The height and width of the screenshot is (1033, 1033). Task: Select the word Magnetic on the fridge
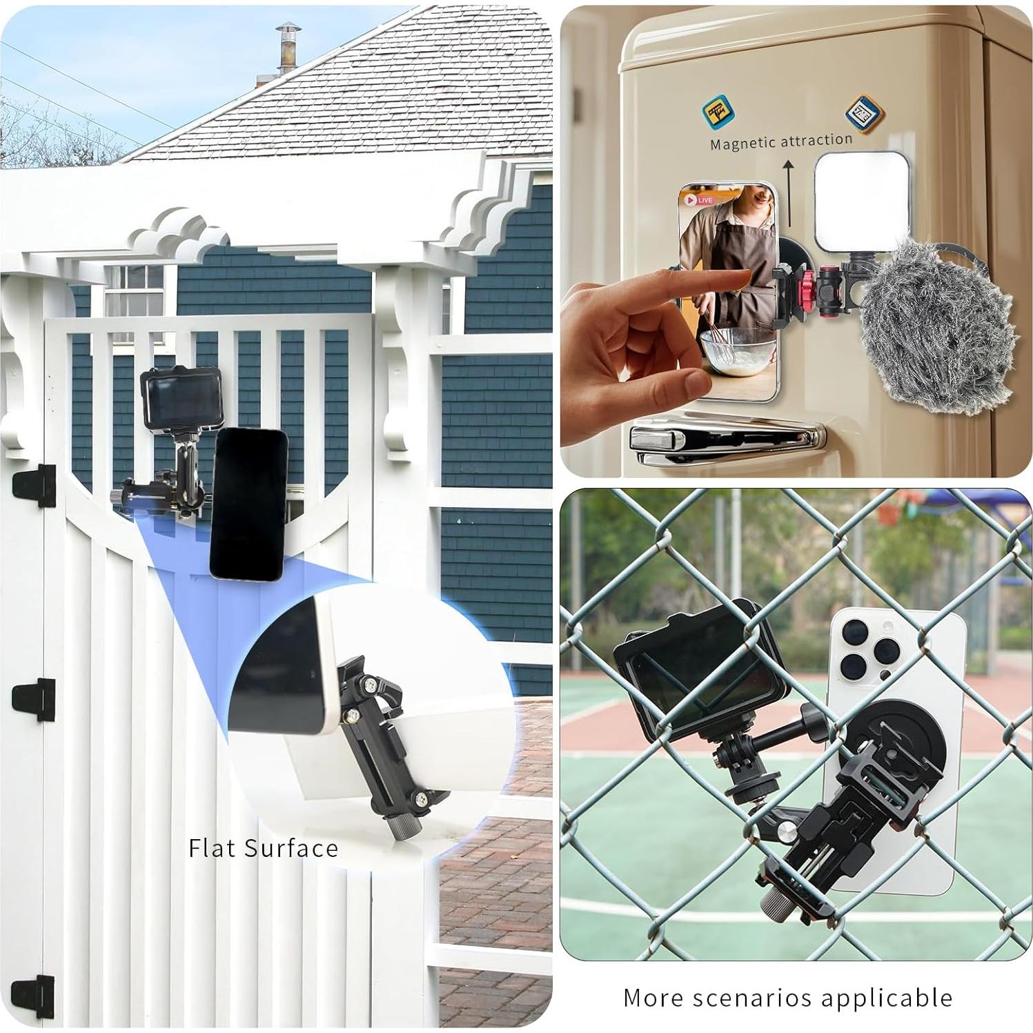pos(742,144)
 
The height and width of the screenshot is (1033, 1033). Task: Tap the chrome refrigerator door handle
pos(725,442)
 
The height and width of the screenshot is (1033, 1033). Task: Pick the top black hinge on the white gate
pos(35,484)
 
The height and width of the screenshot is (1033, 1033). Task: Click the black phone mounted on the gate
pos(248,504)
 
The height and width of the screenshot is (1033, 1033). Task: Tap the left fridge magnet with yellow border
pos(718,111)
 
